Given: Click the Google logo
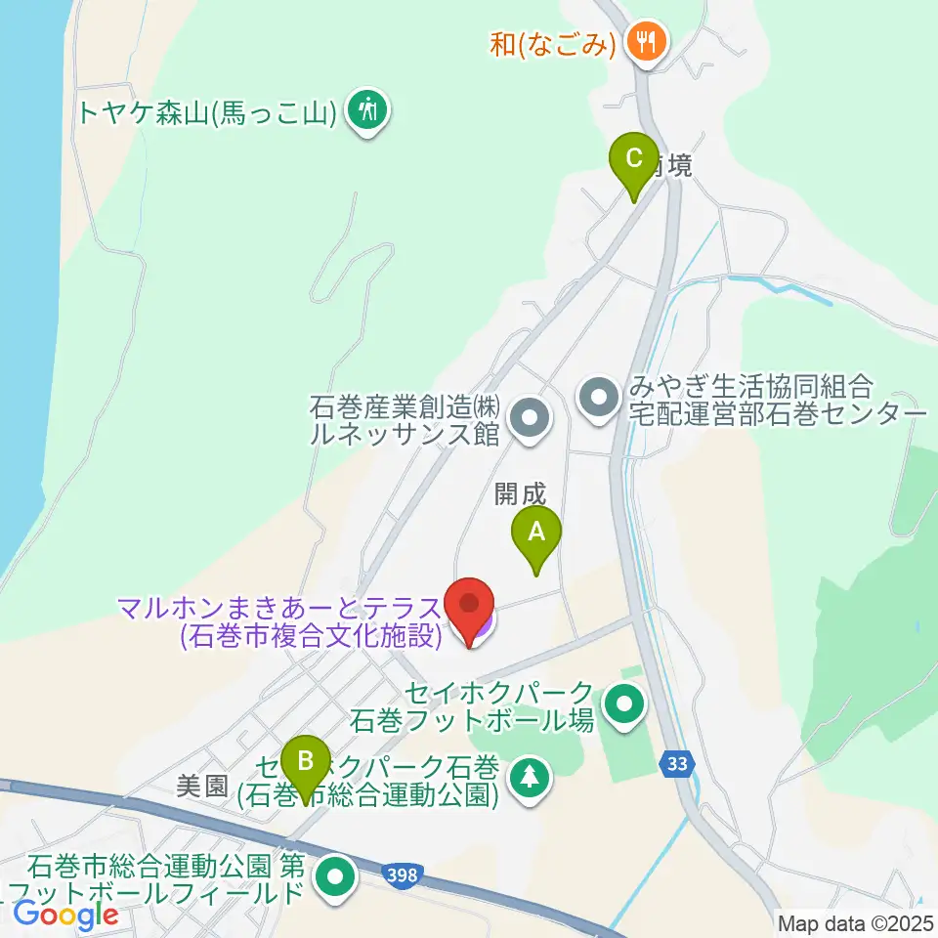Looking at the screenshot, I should [65, 915].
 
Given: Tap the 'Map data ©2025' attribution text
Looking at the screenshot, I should [853, 921].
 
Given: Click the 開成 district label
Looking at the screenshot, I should [518, 495].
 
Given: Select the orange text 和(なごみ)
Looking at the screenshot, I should [553, 44].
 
